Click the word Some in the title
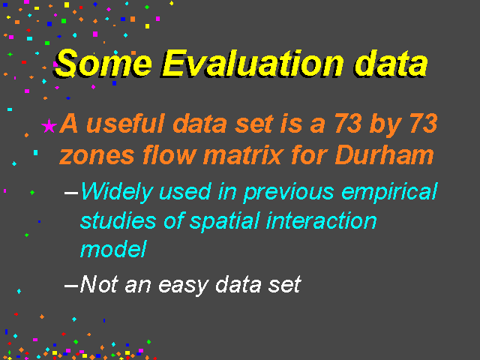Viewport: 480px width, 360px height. [103, 63]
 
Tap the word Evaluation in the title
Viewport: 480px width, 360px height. [253, 63]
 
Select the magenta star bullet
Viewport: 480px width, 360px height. [49, 126]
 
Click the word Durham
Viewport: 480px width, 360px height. [385, 155]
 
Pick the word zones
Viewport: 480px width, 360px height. [97, 156]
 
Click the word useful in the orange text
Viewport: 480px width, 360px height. [126, 123]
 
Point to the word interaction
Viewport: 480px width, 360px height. [321, 220]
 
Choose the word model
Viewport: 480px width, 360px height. [113, 248]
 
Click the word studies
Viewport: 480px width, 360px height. [118, 220]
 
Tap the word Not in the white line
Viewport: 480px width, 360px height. [99, 284]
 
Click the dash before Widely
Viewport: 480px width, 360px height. [71, 193]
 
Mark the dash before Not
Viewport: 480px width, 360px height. [71, 286]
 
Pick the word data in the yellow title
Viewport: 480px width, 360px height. [391, 64]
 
